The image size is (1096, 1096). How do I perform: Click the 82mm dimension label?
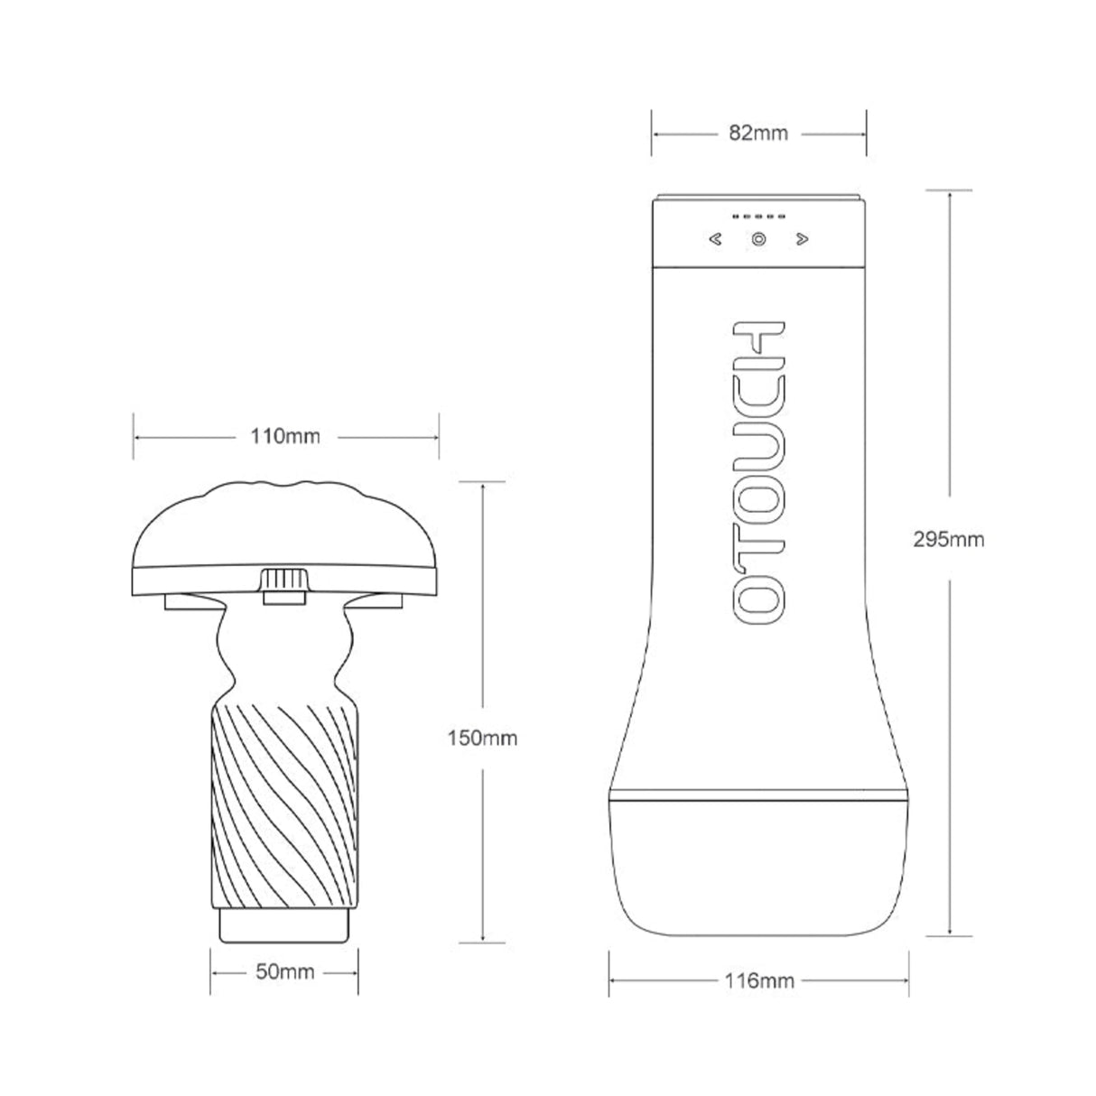click(x=758, y=134)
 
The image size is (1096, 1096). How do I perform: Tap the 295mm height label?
click(x=947, y=540)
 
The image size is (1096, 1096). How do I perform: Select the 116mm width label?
click(x=758, y=980)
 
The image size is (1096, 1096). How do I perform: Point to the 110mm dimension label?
click(x=284, y=437)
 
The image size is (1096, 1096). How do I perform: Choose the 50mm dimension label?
click(x=284, y=971)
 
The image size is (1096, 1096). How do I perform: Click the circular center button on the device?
click(x=758, y=240)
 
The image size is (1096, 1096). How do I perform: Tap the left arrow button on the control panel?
click(x=715, y=240)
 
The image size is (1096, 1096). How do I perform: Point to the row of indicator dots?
click(x=758, y=218)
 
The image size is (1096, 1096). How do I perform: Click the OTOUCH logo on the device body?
click(x=757, y=469)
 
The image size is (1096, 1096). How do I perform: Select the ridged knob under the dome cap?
click(x=284, y=584)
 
